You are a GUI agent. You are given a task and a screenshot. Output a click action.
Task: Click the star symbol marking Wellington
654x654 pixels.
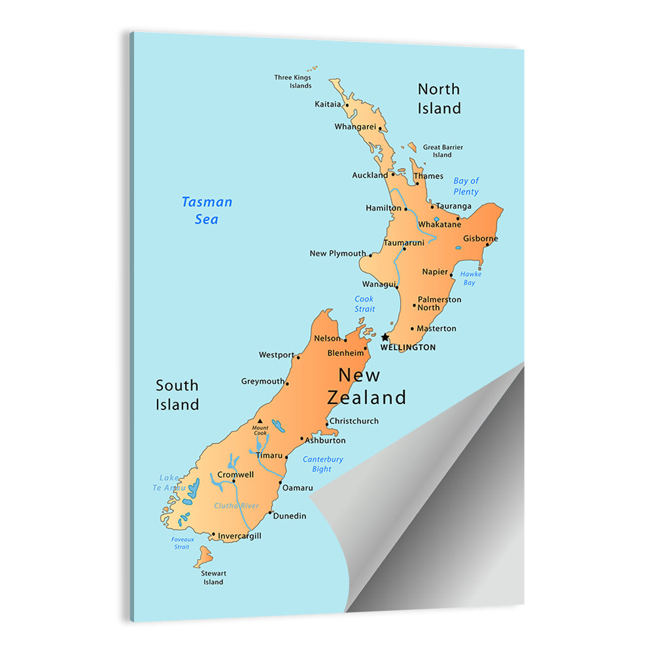pos(385,337)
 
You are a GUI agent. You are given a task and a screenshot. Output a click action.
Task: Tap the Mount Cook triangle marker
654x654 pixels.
pos(260,421)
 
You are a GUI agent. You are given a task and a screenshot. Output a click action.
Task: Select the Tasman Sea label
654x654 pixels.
pos(207,211)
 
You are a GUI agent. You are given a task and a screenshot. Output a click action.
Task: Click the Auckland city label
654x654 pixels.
pos(370,175)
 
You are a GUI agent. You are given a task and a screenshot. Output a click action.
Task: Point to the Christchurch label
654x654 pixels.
pos(354,421)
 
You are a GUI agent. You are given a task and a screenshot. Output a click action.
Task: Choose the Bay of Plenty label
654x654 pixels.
pos(466,186)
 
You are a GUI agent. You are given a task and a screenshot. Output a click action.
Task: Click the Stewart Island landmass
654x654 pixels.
pos(204,557)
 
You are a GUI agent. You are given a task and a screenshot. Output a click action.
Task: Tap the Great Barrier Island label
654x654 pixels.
pos(443,151)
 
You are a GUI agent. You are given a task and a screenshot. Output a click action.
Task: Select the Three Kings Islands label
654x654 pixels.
pos(292,82)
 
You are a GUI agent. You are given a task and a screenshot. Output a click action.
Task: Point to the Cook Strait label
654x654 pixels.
pos(364,304)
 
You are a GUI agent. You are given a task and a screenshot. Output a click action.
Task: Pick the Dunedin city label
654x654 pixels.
pos(290,516)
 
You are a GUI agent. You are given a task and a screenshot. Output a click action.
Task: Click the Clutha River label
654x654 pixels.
pos(236,506)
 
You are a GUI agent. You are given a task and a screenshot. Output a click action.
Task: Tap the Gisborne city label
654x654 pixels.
pos(481,239)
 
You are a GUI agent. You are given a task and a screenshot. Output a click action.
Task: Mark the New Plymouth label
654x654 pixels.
pos(337,253)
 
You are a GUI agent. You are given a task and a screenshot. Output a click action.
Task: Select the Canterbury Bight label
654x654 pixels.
pos(322,464)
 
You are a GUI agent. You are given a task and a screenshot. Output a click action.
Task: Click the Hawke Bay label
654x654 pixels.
pos(470,279)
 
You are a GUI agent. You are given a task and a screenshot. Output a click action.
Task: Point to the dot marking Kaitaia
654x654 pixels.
pos(347,105)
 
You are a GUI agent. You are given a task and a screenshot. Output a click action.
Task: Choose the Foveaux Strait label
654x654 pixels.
pos(182,543)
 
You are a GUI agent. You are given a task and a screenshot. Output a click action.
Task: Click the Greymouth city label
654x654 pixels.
pos(263,381)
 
